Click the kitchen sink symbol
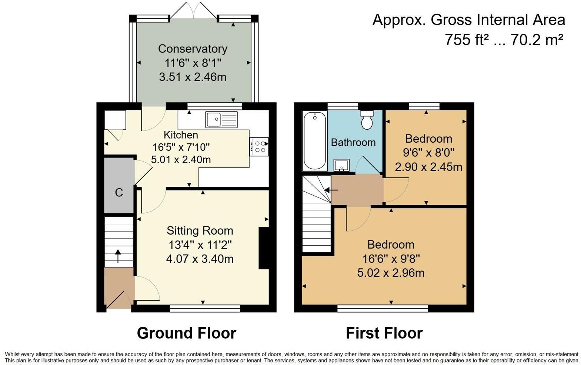tap(222, 119)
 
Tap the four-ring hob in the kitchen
tap(259, 147)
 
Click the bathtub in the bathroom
tap(315, 141)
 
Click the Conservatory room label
tap(193, 49)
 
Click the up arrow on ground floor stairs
tap(118, 256)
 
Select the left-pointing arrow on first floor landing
tap(331, 190)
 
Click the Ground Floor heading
tap(186, 333)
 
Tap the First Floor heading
tap(384, 333)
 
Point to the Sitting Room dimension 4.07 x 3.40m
tap(200, 259)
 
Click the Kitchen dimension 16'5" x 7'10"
tap(181, 147)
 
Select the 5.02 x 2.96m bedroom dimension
tap(390, 273)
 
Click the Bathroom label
tap(353, 142)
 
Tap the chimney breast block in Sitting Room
tap(264, 248)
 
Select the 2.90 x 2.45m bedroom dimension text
tap(428, 167)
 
